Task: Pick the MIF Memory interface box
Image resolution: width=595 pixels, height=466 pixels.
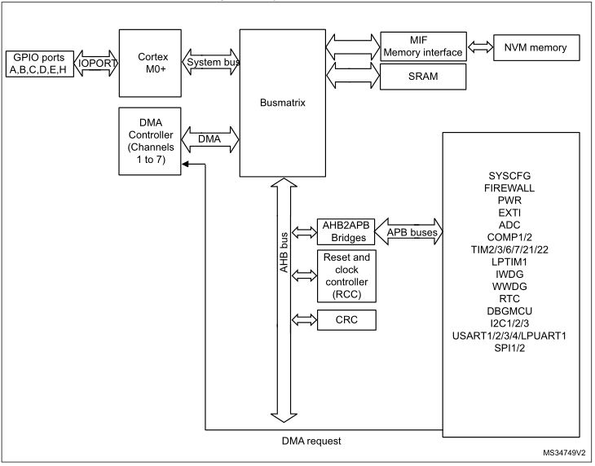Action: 422,46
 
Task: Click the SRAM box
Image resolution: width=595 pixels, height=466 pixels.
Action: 422,77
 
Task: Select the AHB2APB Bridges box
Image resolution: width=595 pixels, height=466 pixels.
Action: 345,232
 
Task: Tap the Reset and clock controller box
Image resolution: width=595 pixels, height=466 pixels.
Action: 345,276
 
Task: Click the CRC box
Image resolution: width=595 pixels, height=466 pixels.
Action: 345,320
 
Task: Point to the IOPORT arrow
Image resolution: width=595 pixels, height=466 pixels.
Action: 96,62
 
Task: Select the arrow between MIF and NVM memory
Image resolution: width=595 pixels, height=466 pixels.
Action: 478,47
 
